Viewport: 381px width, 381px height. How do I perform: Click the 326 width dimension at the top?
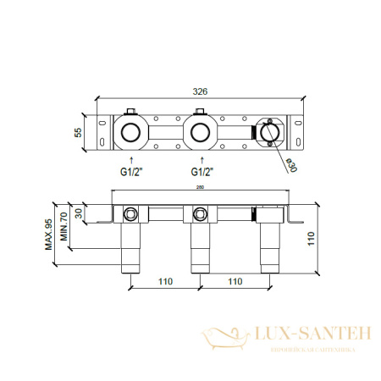tap(201, 91)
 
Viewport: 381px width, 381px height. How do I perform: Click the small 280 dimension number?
tap(201, 188)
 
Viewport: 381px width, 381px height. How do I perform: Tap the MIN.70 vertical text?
tap(63, 227)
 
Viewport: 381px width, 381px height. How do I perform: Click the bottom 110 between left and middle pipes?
tap(165, 281)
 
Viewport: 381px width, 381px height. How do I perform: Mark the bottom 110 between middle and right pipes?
tap(234, 281)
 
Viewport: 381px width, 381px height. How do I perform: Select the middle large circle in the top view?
tap(201, 133)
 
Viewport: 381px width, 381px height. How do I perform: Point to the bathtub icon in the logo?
tap(226, 338)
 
